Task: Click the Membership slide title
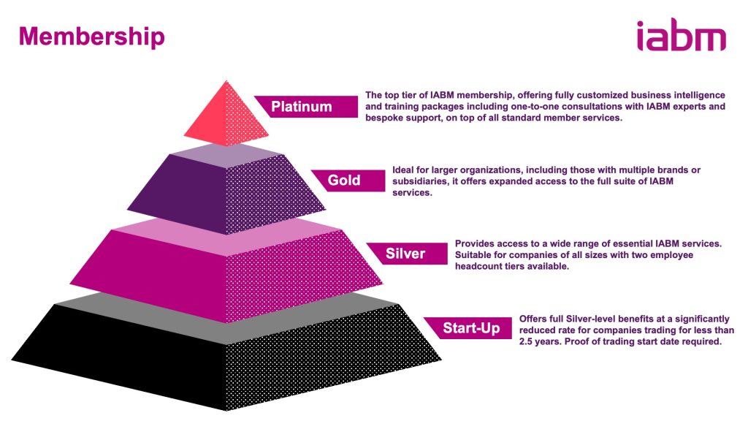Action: click(91, 37)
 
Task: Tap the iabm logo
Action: click(682, 34)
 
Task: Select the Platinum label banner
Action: click(306, 107)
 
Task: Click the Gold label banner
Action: click(348, 181)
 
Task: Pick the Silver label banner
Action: click(407, 254)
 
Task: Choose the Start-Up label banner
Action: click(468, 328)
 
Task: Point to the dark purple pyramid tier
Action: click(226, 191)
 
